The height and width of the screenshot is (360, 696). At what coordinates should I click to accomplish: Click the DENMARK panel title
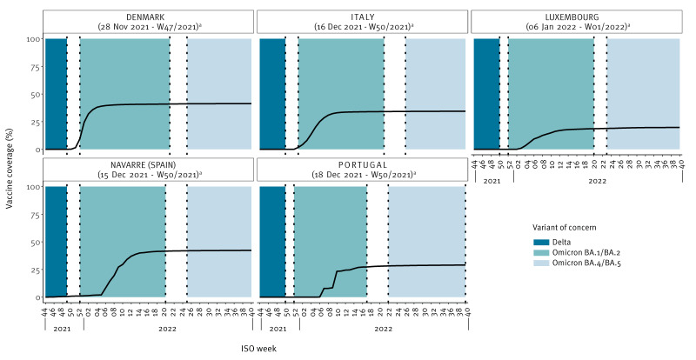tap(145, 17)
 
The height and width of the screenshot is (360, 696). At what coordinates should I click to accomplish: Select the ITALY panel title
tap(362, 17)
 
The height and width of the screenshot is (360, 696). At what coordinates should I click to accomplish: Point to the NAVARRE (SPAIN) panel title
tap(149, 165)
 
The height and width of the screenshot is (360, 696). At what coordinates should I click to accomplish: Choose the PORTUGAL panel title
tap(363, 165)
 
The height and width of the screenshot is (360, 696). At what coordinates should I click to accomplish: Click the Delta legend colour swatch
tap(540, 243)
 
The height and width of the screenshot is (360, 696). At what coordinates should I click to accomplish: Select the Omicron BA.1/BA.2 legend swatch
tap(540, 252)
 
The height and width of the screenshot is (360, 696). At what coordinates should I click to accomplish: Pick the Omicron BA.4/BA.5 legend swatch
tap(540, 263)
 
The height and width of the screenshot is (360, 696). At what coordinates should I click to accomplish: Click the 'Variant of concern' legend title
tap(564, 227)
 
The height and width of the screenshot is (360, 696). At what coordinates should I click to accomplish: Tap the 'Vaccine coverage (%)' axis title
tap(10, 169)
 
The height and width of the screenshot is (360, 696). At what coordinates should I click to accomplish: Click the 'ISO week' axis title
tap(258, 349)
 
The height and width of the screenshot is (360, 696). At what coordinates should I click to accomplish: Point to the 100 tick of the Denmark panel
tap(35, 39)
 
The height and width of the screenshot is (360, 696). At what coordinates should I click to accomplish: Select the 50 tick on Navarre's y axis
tap(37, 242)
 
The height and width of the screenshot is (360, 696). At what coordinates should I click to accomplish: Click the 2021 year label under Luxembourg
tap(492, 181)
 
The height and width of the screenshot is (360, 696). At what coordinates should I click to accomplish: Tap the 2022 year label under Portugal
tap(383, 329)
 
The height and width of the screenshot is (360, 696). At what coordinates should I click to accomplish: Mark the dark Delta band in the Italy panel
tap(272, 94)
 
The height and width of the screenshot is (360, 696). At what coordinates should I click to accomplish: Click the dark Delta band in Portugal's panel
tap(272, 242)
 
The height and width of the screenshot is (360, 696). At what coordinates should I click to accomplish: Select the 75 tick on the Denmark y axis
tap(37, 67)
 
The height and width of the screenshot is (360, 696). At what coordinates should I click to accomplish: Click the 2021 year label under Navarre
tap(62, 329)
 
